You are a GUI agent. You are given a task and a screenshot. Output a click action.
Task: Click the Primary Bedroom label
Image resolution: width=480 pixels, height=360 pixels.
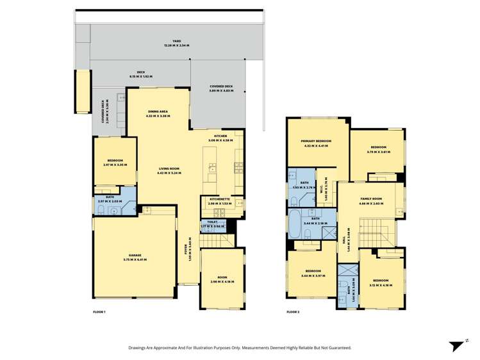point(316,143)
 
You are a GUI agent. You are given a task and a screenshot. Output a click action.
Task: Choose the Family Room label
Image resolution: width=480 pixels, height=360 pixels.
point(371,200)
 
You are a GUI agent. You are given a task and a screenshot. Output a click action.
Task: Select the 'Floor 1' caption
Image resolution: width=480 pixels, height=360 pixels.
point(99,311)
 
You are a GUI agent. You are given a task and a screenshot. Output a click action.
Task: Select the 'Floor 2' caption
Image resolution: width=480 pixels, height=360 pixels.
point(293,311)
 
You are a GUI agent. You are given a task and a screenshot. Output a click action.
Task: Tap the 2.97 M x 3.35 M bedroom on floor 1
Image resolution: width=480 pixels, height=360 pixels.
point(115,163)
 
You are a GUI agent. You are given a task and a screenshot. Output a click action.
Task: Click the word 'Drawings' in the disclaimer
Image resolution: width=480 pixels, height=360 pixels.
point(140,347)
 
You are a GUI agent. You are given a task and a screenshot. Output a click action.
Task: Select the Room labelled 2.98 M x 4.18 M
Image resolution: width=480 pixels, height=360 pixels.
point(222,279)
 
